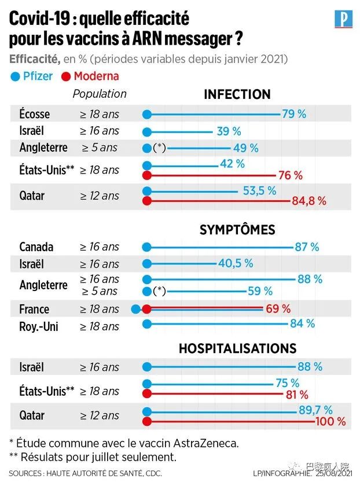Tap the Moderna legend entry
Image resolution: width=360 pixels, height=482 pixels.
point(91,76)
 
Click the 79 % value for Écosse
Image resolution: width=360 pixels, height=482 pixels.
point(294,114)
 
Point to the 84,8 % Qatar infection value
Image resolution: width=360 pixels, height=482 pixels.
point(310,201)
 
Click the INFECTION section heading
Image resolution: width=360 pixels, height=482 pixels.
point(237,94)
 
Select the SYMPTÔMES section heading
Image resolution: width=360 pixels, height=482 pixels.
point(237,230)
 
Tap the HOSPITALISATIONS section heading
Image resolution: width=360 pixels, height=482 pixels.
point(237,348)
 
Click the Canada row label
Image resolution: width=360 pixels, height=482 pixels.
point(36,247)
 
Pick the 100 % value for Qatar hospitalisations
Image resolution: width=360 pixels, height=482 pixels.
point(330,421)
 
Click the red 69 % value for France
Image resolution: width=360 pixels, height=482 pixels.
point(278,308)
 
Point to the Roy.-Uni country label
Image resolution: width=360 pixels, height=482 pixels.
point(39,326)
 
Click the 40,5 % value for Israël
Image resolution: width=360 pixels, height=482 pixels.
point(236,263)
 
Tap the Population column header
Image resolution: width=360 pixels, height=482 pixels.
point(100,94)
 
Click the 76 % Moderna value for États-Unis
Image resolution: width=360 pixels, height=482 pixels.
point(291,175)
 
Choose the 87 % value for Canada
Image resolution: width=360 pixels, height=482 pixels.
point(307,247)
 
